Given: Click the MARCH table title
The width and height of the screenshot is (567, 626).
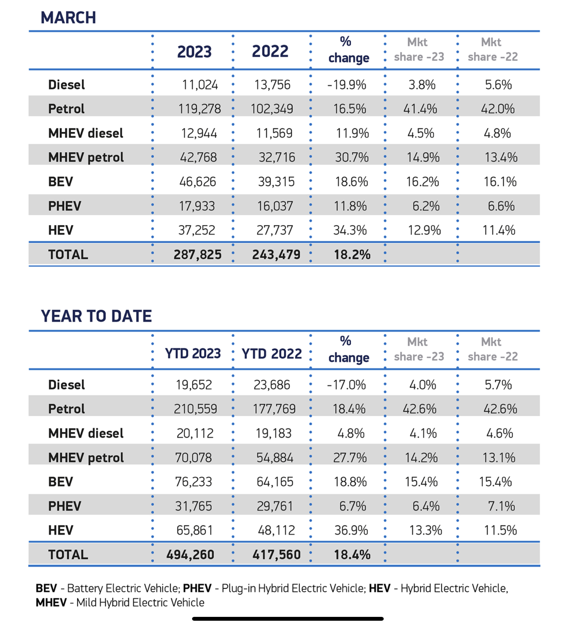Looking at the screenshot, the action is point(68,18).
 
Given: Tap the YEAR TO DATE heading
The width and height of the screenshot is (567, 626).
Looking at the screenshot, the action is point(96,316).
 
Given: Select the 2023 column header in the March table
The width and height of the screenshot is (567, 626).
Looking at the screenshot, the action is point(194,52).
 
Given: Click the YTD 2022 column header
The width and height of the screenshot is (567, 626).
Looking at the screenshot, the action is point(271,354).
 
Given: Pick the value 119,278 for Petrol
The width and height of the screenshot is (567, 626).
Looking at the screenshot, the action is point(199,109).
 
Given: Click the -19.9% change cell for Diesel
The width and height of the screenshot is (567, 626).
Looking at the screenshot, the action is point(347,85).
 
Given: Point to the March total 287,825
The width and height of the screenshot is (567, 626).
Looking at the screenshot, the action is point(198,255).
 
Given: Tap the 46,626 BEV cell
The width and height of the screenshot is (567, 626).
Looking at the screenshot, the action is point(198,182).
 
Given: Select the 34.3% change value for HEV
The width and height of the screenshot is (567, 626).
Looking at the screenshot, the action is point(350,230).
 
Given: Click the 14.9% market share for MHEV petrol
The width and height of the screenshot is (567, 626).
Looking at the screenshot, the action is point(423,157).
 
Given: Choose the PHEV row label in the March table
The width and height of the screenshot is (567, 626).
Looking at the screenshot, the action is point(65,206).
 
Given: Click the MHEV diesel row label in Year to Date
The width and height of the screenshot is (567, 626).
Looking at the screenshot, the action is point(86,433).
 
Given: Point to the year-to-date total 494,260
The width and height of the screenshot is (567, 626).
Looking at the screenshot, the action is point(190,555).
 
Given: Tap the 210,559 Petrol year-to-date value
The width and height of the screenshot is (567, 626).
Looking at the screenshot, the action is point(196,409).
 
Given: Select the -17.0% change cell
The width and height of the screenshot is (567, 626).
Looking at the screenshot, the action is point(346,385).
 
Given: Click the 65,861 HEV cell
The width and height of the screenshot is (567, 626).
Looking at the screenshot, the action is point(195,530).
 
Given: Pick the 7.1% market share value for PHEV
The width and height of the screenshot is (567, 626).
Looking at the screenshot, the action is point(501,506).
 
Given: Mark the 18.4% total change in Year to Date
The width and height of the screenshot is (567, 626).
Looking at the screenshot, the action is point(352,555).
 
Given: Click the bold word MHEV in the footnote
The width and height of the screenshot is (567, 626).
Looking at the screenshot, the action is point(51,602).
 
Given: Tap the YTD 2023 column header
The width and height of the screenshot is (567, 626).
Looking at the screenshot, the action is point(193,354).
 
